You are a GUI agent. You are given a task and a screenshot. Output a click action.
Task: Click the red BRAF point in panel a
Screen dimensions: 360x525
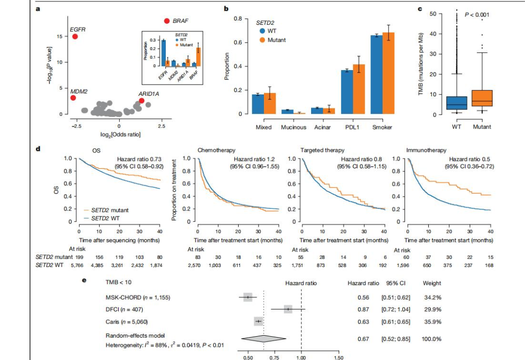click(x=167, y=21)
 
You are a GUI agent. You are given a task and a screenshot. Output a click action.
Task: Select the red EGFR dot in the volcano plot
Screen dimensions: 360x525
click(x=75, y=36)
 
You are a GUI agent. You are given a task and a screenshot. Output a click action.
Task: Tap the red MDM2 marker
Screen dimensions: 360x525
click(x=73, y=98)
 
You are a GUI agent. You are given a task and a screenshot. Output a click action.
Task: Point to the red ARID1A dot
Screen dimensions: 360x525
click(x=141, y=101)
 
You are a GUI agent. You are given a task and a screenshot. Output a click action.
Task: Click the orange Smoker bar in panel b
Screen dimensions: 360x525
click(x=388, y=73)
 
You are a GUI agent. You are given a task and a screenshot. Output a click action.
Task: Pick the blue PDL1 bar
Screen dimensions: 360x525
click(x=347, y=92)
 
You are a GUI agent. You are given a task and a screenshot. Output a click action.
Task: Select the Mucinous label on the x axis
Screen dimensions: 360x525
click(x=293, y=127)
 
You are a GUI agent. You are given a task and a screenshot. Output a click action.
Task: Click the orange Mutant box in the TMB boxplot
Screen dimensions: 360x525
click(x=481, y=98)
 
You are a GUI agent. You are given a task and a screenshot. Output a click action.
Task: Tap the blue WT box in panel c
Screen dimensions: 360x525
click(x=456, y=103)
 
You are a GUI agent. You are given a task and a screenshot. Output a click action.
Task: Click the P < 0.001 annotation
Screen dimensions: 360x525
click(x=477, y=15)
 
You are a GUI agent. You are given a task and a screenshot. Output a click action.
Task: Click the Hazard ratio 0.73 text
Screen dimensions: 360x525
click(x=139, y=159)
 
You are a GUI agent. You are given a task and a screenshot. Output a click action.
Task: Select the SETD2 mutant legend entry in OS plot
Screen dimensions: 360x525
click(x=112, y=210)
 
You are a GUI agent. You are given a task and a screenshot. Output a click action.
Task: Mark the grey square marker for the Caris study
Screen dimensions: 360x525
click(x=258, y=322)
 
